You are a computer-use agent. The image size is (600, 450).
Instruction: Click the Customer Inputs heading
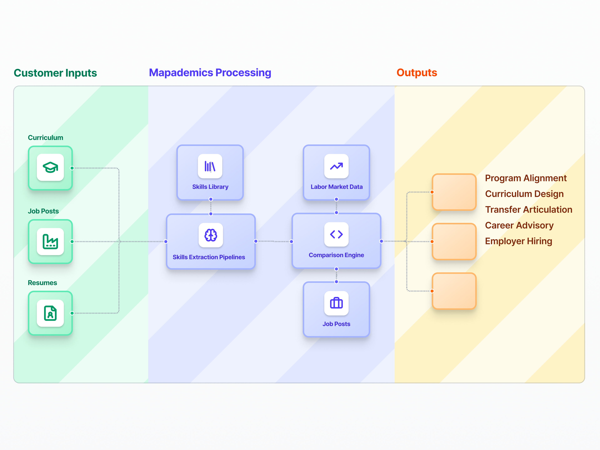coord(55,73)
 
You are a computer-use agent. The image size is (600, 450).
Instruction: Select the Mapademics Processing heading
coord(210,73)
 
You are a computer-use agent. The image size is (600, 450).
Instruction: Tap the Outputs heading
coord(417,73)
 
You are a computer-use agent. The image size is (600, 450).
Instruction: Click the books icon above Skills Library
coord(210,166)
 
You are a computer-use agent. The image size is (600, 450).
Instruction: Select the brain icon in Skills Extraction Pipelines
coord(211,235)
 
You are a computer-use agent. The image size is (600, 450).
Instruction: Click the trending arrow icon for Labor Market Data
coord(336,166)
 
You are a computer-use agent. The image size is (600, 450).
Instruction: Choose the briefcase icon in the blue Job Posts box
coord(336,303)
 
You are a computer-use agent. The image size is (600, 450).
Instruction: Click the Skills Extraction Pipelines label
coord(209,257)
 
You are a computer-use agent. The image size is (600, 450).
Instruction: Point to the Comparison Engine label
coord(336,255)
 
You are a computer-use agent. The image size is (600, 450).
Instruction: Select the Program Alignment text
coord(526,178)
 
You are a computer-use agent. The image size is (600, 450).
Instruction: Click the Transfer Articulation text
coord(529,210)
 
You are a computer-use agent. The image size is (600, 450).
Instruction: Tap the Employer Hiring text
coord(518,241)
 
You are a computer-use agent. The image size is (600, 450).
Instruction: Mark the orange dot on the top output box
coord(432,192)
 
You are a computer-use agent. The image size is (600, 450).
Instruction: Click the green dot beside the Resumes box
coord(72,313)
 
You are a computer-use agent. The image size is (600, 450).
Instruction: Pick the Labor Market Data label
coord(336,187)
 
